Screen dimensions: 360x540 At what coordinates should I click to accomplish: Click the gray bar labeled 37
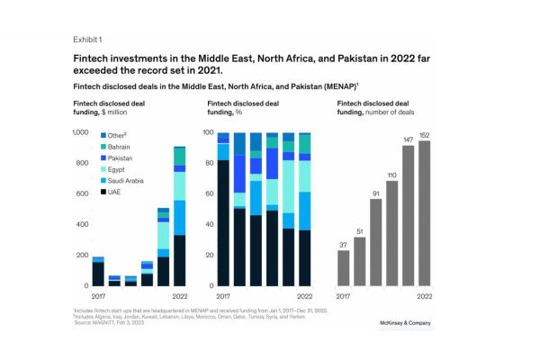(x=343, y=267)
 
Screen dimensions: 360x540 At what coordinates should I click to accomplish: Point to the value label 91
(x=375, y=192)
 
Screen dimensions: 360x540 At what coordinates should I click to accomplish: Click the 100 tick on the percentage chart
(x=207, y=132)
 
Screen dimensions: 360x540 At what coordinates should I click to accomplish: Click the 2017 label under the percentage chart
(x=223, y=295)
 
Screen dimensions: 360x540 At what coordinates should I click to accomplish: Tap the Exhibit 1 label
(x=87, y=40)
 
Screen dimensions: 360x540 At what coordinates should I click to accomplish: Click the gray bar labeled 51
(x=359, y=261)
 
